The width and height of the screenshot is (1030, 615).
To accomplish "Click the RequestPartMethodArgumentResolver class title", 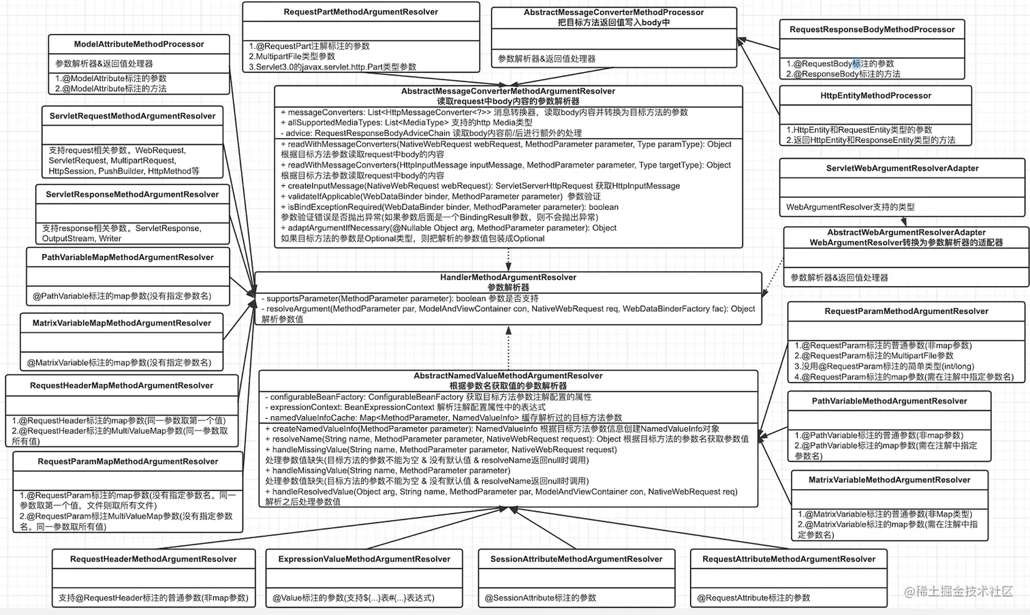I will coord(361,12).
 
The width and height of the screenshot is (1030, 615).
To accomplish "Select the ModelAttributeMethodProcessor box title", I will coord(139,44).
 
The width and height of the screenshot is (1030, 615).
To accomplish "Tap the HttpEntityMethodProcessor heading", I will coord(875,96).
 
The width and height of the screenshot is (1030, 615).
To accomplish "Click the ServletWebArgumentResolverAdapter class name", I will coord(902,168).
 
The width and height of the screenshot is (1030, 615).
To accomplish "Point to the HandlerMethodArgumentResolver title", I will coord(508,277).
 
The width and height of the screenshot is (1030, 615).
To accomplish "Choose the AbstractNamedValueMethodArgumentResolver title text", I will coord(508,376).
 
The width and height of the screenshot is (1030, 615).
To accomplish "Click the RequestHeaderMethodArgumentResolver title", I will coord(153,559).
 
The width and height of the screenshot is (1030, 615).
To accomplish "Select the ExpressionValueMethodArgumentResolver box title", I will coord(364,559).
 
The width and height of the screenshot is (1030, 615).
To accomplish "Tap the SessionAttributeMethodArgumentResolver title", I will coord(576,559).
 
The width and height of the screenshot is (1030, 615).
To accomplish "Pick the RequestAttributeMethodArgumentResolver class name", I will coord(789,559).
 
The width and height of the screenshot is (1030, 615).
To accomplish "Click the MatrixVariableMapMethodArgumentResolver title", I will coord(122,324).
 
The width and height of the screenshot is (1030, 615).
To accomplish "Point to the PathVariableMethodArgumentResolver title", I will coord(889,401).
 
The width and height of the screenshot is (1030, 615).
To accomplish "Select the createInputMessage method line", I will coord(480,186).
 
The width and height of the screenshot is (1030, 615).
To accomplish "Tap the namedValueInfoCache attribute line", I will coord(443,417).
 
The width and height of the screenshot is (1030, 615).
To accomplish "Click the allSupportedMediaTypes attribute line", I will coord(407,123).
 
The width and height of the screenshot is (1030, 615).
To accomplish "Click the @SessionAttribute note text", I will coord(540,598).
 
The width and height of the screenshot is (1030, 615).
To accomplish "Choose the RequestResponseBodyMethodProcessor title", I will coord(872,30).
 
